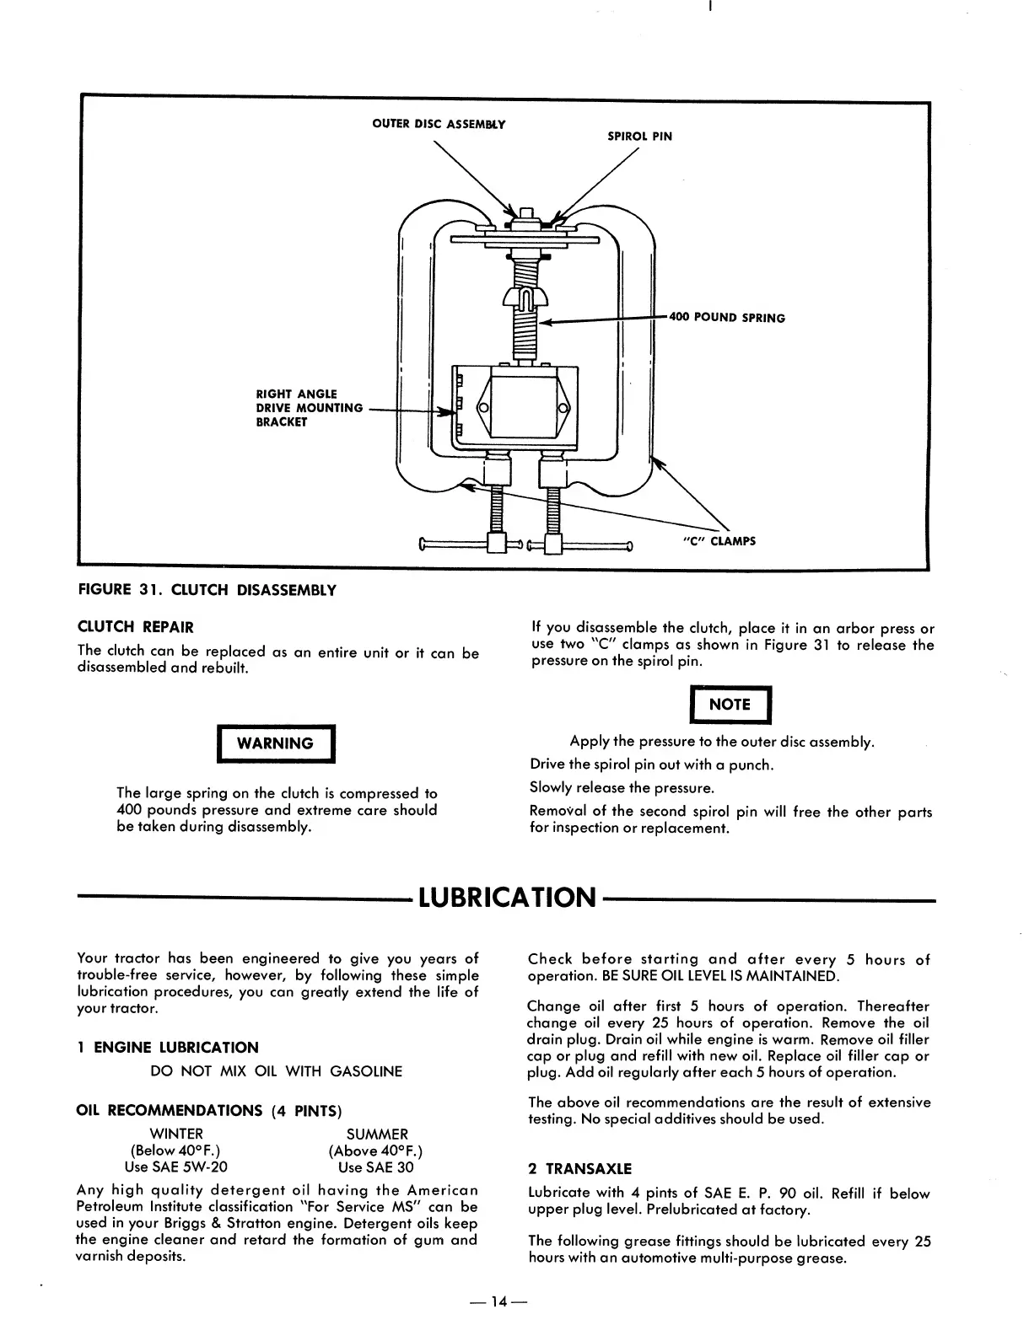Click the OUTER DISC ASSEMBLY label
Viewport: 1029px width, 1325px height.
439,125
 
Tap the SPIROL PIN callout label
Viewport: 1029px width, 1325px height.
639,136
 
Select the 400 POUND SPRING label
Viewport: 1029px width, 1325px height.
727,318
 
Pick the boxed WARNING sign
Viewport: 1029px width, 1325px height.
276,743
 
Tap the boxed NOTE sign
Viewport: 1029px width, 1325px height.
730,705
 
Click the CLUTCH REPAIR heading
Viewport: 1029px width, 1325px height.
135,627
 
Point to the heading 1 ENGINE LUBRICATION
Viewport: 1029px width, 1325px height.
167,1048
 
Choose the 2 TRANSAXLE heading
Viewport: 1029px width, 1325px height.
579,1169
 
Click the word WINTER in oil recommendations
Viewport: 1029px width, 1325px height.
175,1135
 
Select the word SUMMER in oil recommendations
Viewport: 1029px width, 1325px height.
377,1135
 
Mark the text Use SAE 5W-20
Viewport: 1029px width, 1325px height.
175,1167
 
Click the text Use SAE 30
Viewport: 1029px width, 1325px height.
375,1167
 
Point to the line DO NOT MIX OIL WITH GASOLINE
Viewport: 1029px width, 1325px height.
276,1071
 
